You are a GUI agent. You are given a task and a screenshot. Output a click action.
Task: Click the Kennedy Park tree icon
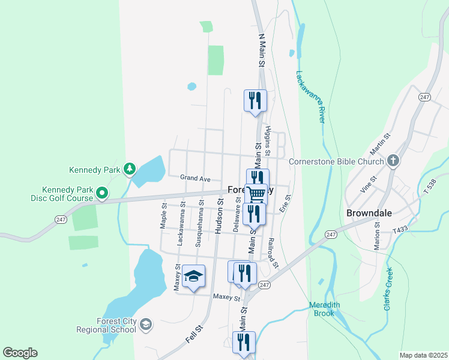pos(129,169)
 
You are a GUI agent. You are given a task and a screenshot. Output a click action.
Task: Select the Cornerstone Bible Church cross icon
pos(393,161)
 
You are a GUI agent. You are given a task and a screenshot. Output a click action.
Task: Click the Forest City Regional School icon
pos(145,325)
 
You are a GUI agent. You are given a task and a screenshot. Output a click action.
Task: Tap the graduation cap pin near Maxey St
pos(193,277)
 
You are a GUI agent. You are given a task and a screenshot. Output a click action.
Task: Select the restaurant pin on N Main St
pos(255,100)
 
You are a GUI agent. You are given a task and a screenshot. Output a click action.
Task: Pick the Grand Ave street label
pos(195,178)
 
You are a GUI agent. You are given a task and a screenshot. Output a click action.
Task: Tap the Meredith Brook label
pos(325,309)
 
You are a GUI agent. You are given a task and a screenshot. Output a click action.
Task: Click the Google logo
pos(20,353)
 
